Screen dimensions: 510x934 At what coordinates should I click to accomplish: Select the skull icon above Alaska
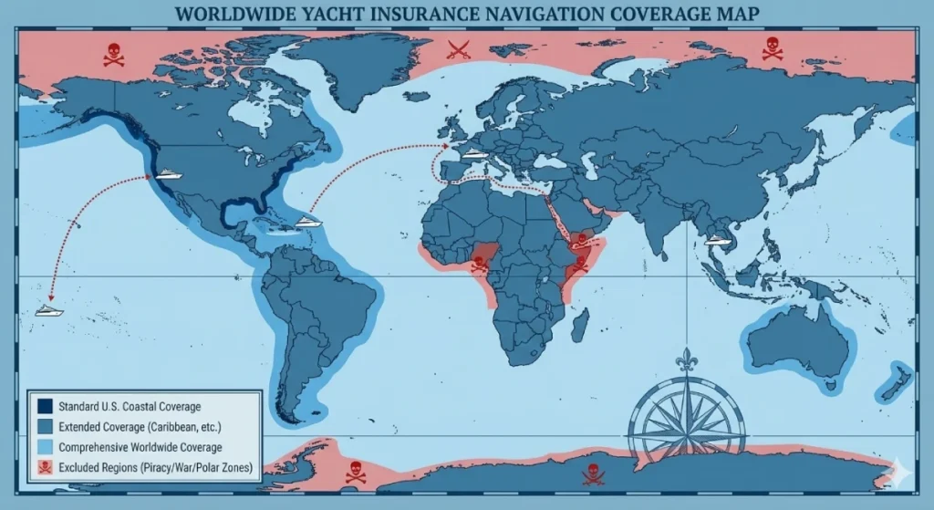[114, 54]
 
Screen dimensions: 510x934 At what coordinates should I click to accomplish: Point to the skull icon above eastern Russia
[772, 48]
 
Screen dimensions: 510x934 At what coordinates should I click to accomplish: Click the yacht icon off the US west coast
[170, 172]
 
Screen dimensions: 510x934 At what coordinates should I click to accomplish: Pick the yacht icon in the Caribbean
[308, 221]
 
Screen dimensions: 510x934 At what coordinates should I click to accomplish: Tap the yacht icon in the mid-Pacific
[49, 310]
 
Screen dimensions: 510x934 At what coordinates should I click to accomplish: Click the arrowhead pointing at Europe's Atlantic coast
[446, 144]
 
